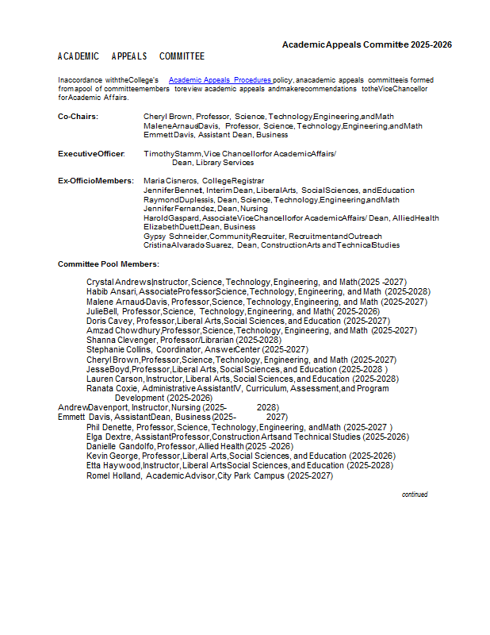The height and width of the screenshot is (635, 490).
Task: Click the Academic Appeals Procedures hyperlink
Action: point(220,80)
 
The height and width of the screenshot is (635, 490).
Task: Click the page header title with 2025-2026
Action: point(367,44)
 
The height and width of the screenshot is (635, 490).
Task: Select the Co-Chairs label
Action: point(78,117)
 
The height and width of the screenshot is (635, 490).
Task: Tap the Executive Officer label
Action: point(91,153)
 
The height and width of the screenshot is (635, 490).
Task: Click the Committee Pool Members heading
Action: point(108,264)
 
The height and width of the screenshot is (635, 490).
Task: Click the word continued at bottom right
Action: point(414,495)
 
